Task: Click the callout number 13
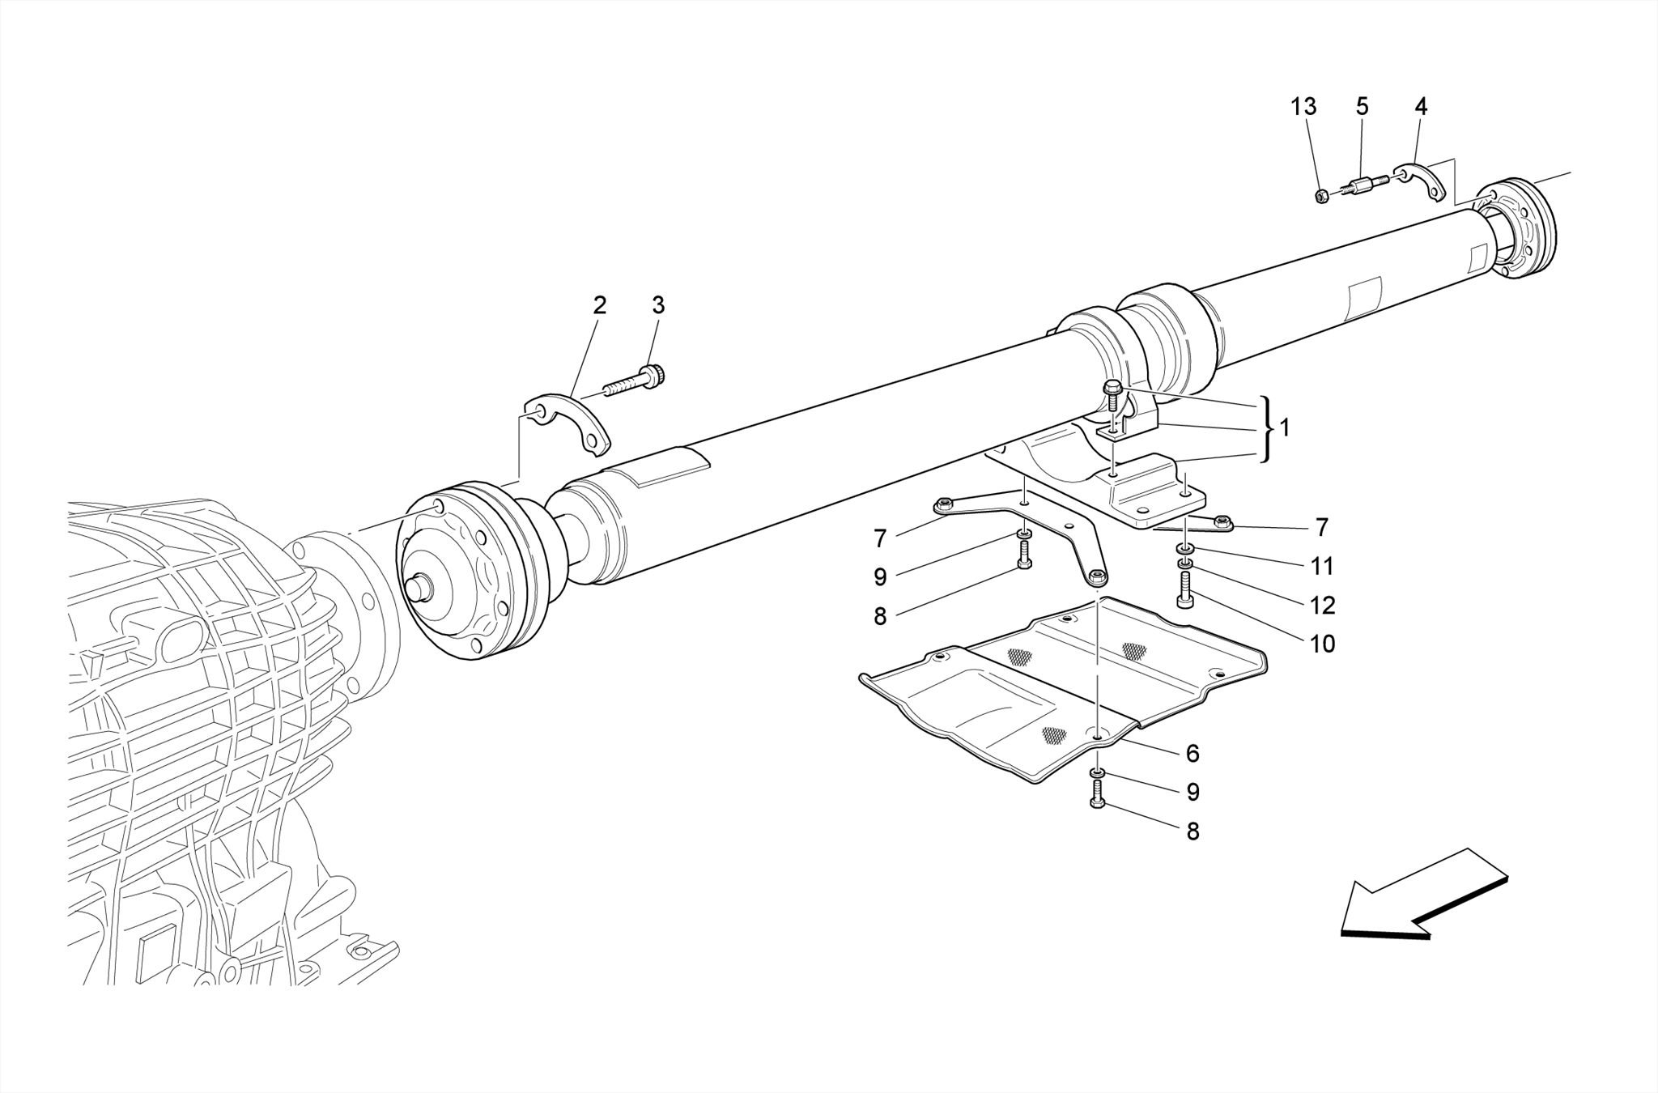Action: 1303,107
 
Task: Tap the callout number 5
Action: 1362,107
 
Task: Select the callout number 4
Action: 1421,107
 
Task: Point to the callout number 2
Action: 599,305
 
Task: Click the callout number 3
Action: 658,305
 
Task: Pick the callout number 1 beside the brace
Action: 1285,427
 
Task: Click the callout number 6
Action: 1192,753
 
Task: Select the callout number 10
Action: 1322,644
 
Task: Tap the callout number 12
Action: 1322,605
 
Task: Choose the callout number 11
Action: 1322,566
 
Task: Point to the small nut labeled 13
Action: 1321,196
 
